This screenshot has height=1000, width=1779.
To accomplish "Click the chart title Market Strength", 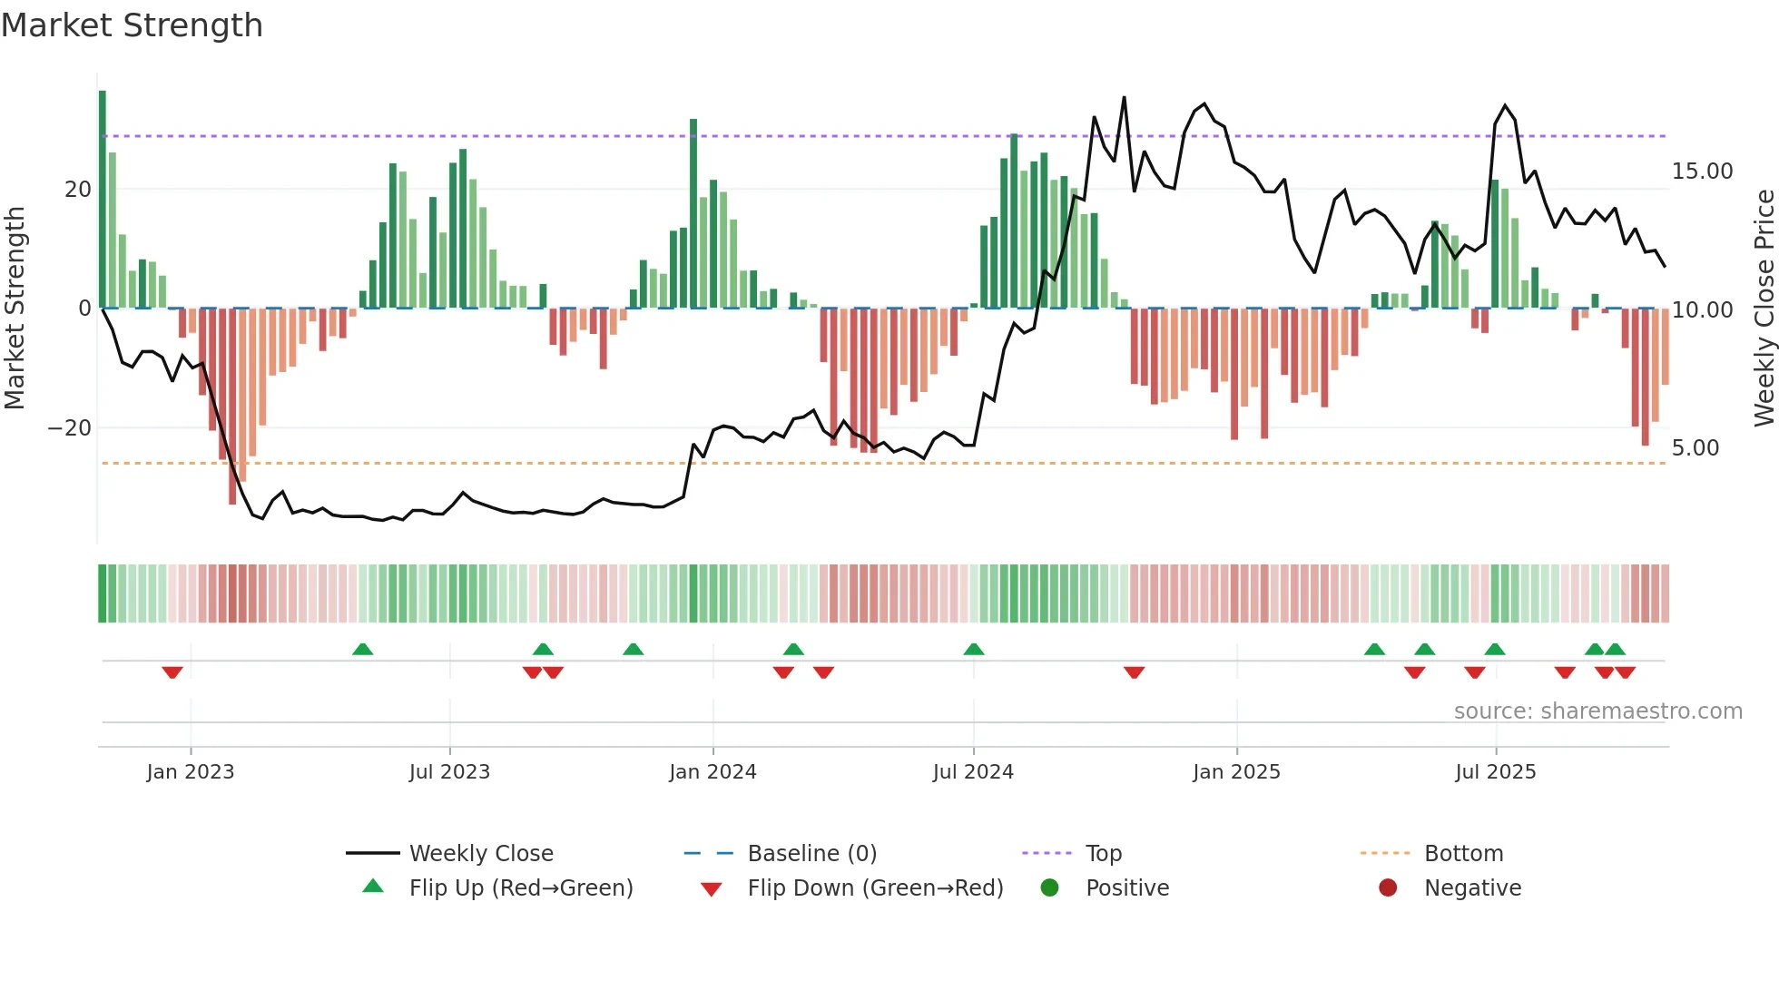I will (x=132, y=25).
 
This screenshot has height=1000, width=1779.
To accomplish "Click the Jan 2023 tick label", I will (x=191, y=772).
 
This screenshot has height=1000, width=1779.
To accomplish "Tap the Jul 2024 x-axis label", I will (x=973, y=772).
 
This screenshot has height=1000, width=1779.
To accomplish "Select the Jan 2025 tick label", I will (x=1236, y=772).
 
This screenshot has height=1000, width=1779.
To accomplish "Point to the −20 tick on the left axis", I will (x=69, y=428).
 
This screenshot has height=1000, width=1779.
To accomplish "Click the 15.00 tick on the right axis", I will (x=1702, y=172).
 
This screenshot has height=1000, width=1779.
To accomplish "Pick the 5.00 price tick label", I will (x=1695, y=448).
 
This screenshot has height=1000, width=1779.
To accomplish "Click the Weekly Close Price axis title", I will (x=1764, y=309).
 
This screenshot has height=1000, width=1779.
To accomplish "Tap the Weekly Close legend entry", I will (x=481, y=854).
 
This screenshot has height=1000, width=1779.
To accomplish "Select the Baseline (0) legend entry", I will (x=811, y=854).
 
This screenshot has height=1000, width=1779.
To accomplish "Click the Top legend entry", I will (x=1104, y=854).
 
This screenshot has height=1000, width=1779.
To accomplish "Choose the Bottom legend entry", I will (x=1463, y=854).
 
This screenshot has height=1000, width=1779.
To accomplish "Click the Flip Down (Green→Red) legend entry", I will (x=875, y=888).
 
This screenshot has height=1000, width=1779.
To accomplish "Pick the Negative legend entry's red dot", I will (x=1387, y=888).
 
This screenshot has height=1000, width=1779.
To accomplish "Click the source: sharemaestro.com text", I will (x=1597, y=711).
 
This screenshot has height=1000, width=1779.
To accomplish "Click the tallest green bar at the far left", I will (x=103, y=200).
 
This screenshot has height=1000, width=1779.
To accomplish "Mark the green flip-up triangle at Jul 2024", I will (x=974, y=649).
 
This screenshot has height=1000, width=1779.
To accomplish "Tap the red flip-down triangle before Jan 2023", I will (x=172, y=672).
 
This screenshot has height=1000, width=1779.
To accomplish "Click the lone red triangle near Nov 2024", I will (x=1134, y=672).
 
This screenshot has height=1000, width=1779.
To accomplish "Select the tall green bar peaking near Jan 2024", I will (x=693, y=213).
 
